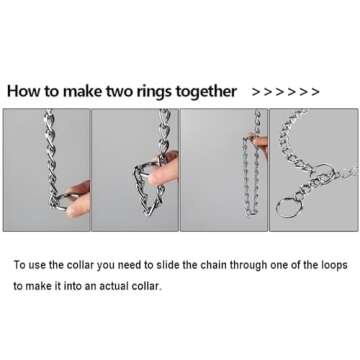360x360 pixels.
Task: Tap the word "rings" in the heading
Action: [152, 92]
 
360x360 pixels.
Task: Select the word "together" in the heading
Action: [206, 92]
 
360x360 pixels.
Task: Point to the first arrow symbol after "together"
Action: [256, 92]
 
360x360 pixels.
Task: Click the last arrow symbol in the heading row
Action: [315, 92]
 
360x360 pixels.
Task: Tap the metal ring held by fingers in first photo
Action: [60, 203]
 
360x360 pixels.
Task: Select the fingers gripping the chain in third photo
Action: [259, 143]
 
